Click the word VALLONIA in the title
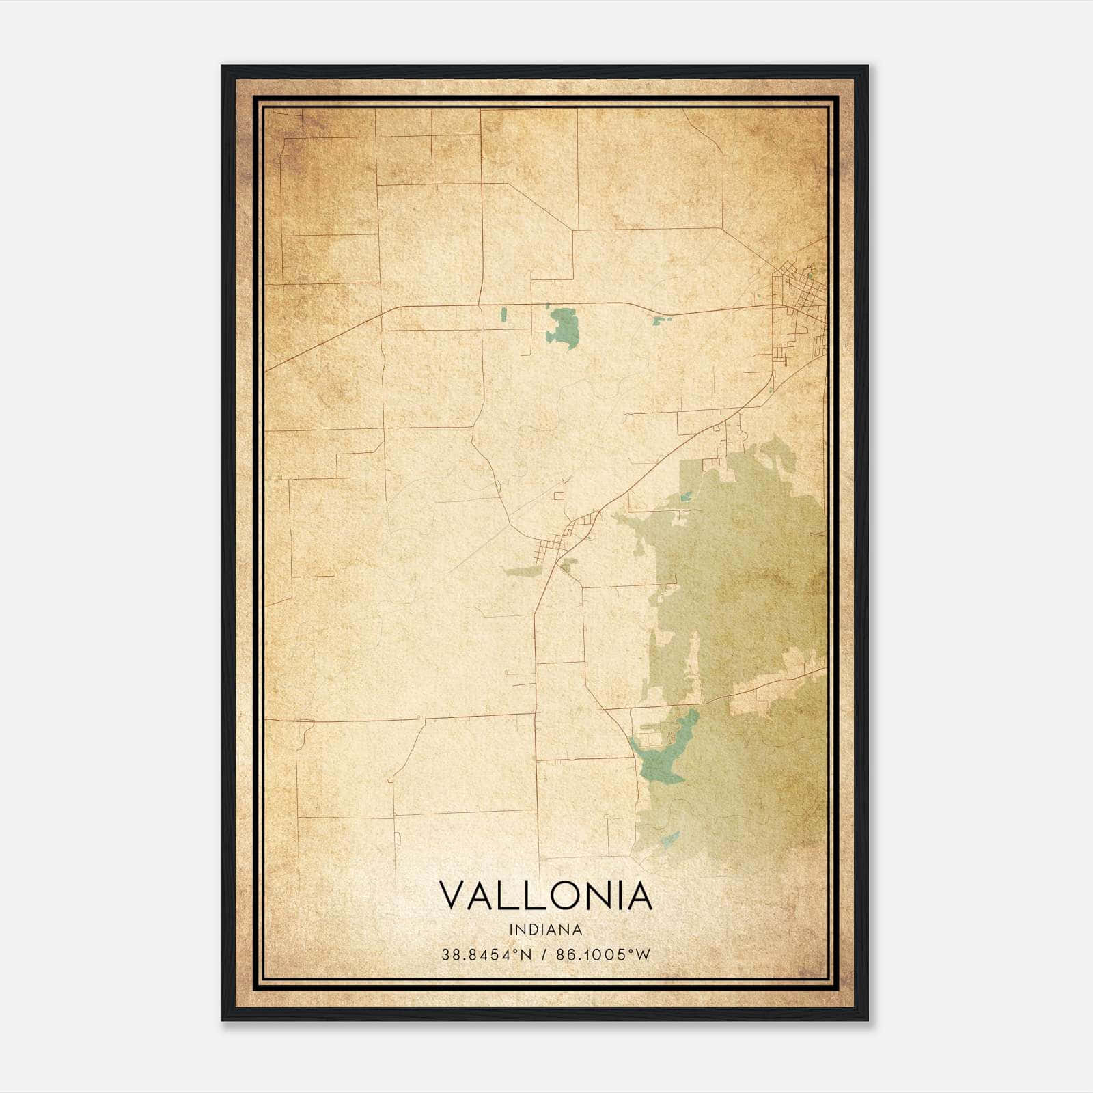(545, 896)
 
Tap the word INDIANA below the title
(545, 929)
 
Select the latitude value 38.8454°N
(486, 954)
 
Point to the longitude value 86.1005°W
(604, 954)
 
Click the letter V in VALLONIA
(454, 896)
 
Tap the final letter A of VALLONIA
(639, 896)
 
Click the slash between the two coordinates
(544, 954)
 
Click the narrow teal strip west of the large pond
(503, 315)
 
